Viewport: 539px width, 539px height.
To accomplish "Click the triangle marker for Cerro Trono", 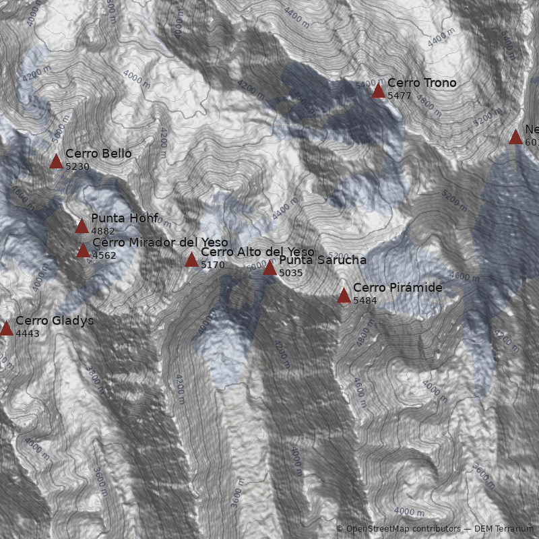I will tap(378, 91).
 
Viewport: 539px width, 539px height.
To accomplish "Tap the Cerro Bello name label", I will tap(98, 154).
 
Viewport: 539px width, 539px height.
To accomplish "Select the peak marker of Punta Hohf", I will tap(82, 226).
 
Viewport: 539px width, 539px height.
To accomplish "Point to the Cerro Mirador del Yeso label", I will tap(160, 243).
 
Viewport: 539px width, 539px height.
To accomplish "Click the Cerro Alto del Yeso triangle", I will tap(191, 260).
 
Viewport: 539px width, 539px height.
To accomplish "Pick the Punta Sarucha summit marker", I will tap(269, 268).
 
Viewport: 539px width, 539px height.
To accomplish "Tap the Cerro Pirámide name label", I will tap(398, 288).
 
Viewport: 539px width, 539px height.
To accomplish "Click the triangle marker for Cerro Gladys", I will tap(6, 329).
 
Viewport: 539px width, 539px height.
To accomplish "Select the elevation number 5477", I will tap(399, 96).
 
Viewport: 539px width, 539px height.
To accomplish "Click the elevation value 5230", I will tap(77, 166).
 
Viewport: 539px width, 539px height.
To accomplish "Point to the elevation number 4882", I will tap(102, 230).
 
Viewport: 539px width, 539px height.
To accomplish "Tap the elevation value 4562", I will tap(104, 255).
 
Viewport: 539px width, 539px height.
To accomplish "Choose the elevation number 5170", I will tap(213, 265).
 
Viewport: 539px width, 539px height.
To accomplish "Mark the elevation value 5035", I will tap(291, 273).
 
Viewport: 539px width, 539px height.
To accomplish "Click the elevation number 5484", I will tap(365, 300).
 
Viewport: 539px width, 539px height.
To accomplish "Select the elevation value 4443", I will tap(28, 334).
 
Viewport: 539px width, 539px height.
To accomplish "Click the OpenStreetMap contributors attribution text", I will tap(397, 529).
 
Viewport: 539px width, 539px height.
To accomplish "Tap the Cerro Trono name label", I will tap(422, 83).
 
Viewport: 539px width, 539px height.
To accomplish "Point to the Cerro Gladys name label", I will tap(55, 321).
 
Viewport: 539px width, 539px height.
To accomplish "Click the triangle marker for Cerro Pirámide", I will tap(344, 296).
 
